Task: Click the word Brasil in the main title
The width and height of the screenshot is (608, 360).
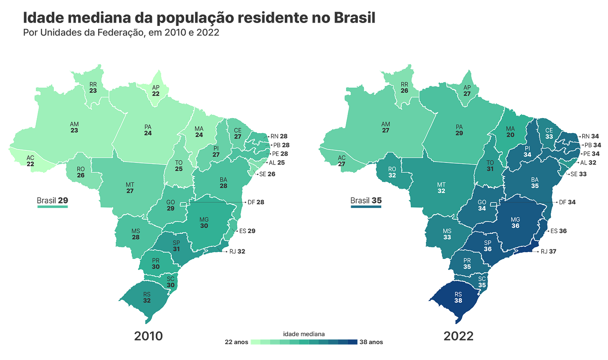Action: pos(355,18)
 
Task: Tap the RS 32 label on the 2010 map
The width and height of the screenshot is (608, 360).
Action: pos(147,297)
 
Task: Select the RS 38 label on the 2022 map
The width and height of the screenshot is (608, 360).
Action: pos(458,297)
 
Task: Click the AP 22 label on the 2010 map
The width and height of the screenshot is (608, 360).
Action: pos(156,91)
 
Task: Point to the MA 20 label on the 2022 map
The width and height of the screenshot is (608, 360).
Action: pos(510,132)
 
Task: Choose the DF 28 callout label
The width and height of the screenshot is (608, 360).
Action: pos(256,202)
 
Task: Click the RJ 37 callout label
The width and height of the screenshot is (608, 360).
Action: pos(549,251)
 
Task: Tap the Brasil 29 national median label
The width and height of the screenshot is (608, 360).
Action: pos(52,200)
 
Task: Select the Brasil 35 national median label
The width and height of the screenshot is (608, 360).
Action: pos(366,200)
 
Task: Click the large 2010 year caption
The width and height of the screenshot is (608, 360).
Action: pos(149,336)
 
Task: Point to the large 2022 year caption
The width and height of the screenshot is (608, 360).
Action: pos(459,336)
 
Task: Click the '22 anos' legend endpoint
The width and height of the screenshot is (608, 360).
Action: pos(236,342)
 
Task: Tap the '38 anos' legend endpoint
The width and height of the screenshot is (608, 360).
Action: pos(371,342)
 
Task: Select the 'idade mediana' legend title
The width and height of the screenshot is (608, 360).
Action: pos(304,334)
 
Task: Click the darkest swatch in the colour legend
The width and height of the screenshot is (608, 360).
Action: pos(352,342)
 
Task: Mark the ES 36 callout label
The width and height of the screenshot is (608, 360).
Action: pos(559,231)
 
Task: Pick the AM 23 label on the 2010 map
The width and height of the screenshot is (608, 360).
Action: pos(74,127)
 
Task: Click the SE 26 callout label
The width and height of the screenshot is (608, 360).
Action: pos(267,174)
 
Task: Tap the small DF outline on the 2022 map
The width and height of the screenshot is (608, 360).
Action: pos(494,204)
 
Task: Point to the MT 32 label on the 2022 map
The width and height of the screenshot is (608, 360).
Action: pos(441,188)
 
